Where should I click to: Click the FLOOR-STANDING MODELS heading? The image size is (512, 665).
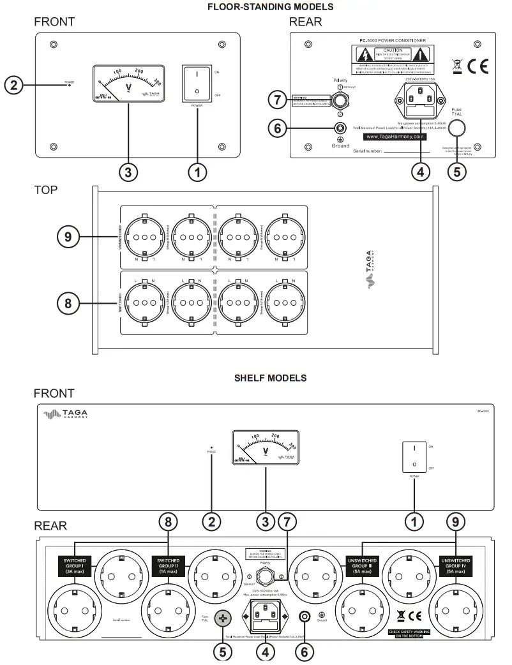[x=270, y=6]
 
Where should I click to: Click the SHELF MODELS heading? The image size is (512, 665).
[x=270, y=378]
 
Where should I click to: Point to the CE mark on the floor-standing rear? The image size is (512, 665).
[x=478, y=66]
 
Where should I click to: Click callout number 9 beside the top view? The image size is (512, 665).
[x=68, y=236]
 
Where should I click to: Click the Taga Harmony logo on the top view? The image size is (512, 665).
[x=372, y=276]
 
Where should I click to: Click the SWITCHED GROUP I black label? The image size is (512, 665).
[x=75, y=565]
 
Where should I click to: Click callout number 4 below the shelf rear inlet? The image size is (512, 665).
[x=264, y=652]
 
